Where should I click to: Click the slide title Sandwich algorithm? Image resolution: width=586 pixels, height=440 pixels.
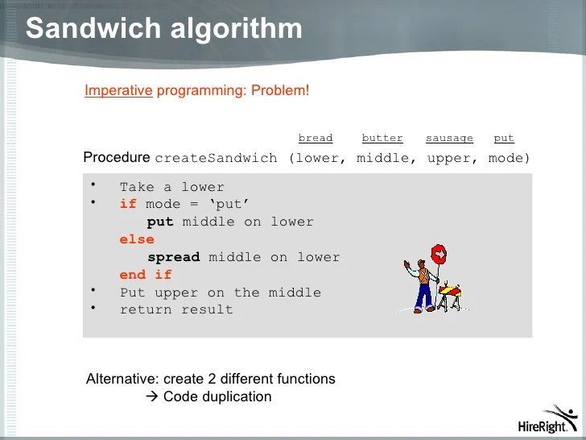pos(164,29)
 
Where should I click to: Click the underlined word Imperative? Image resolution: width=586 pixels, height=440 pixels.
pos(118,90)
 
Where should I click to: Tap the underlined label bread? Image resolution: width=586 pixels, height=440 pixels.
pos(315,139)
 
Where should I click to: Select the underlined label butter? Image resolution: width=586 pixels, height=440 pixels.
pos(382,139)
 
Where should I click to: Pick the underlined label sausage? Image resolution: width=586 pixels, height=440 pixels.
pos(449,139)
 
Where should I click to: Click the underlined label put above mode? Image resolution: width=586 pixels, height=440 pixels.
pos(504,139)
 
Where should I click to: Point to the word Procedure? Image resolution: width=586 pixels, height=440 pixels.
pos(117,157)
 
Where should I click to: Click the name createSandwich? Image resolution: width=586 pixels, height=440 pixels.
pos(216,158)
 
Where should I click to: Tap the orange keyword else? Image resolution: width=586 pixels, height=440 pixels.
pos(137,239)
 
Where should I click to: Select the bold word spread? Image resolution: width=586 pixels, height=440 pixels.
pos(173,257)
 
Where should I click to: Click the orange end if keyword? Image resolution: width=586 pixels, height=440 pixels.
pos(146,275)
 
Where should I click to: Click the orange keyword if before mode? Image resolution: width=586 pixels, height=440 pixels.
pos(128,204)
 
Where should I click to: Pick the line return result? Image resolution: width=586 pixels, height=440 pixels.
pos(176,309)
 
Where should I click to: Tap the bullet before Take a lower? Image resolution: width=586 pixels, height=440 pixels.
pos(93,185)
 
